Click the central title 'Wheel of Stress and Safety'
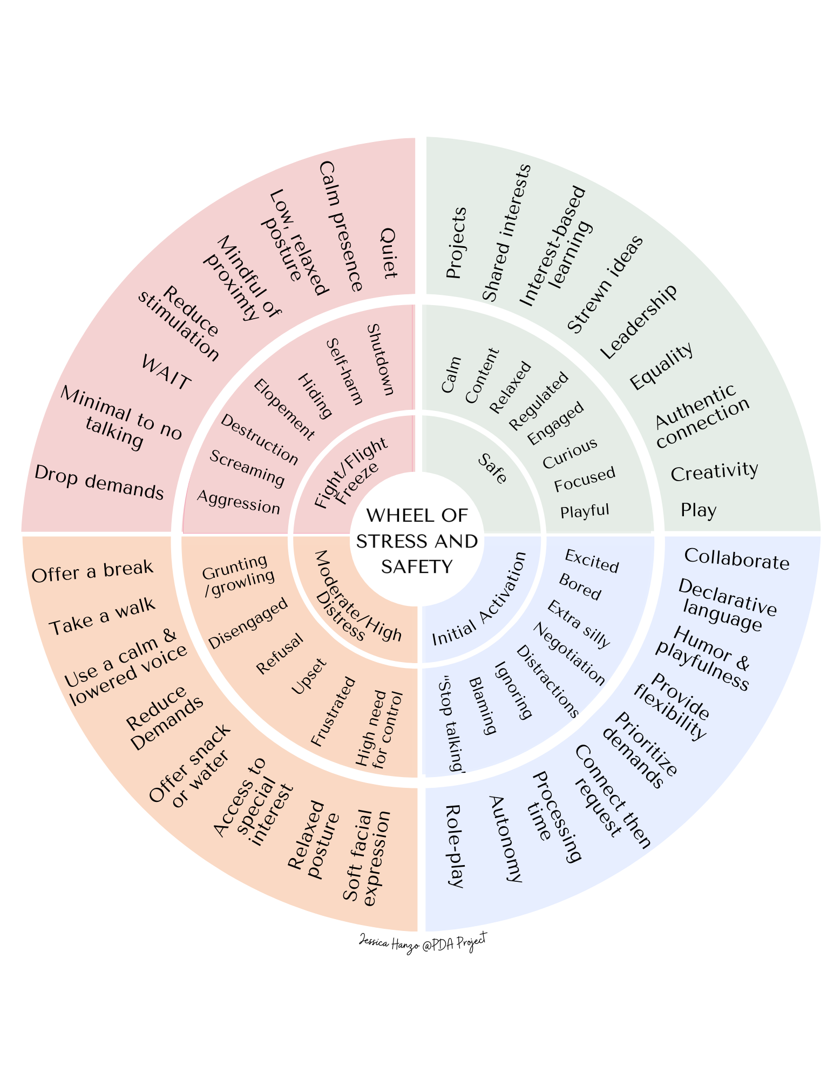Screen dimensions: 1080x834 click(x=417, y=541)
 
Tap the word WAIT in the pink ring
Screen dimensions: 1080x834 click(x=165, y=373)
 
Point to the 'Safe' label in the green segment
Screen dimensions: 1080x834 click(x=492, y=468)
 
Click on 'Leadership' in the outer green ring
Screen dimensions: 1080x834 click(x=639, y=322)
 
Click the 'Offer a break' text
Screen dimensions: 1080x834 click(x=92, y=571)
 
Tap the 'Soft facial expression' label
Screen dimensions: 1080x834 click(x=366, y=858)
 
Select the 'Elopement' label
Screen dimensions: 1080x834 click(x=284, y=409)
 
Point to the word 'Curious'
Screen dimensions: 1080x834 click(x=570, y=453)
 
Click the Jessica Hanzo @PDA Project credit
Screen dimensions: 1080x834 click(x=423, y=942)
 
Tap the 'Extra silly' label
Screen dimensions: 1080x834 click(x=578, y=624)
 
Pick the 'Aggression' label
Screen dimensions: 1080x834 click(x=239, y=502)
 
